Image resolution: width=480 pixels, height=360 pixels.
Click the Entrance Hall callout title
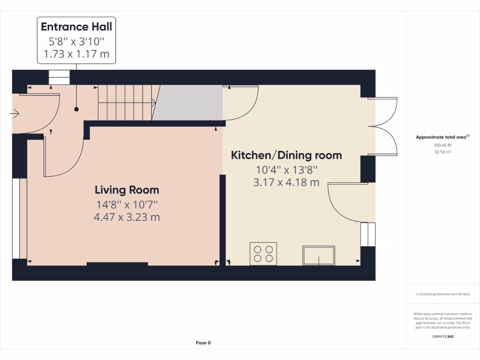(x=76, y=26)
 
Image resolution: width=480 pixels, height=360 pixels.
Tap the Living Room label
(x=127, y=190)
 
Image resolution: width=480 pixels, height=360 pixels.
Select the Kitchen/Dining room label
(x=286, y=155)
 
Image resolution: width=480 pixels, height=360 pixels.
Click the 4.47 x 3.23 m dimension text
(x=127, y=217)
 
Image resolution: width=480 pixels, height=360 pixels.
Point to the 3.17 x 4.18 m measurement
(x=286, y=182)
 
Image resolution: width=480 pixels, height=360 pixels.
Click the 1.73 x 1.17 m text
(x=76, y=54)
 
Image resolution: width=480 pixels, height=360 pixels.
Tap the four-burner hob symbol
(x=263, y=254)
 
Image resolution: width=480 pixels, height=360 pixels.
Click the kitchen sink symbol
(x=319, y=255)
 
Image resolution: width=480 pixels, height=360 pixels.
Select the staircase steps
(x=126, y=102)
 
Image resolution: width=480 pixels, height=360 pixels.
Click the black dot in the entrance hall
(x=76, y=109)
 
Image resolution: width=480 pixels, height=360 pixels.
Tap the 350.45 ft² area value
(x=442, y=145)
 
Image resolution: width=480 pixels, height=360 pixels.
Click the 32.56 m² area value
(x=442, y=152)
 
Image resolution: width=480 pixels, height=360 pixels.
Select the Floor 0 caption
(x=203, y=343)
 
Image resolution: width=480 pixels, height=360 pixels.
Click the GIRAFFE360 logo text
(x=442, y=336)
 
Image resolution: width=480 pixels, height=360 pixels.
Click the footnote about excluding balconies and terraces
(x=442, y=294)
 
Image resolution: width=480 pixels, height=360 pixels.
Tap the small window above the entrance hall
(x=59, y=77)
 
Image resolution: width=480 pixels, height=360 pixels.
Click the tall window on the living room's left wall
(x=16, y=218)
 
